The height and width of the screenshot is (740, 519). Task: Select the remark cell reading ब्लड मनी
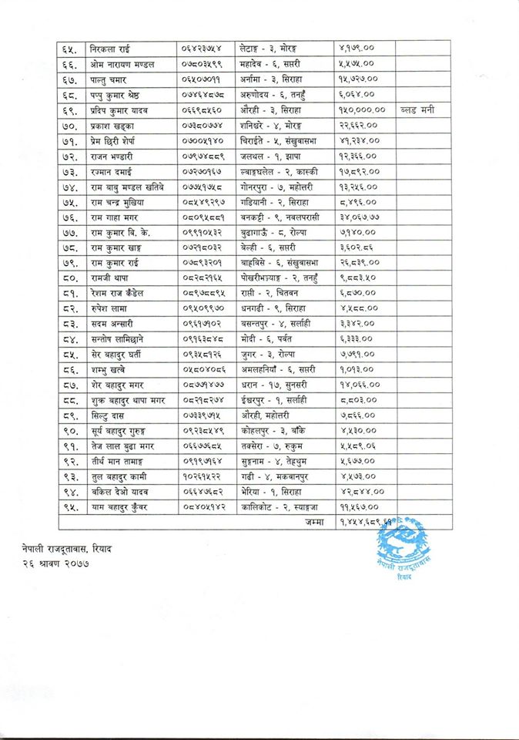[x=418, y=110]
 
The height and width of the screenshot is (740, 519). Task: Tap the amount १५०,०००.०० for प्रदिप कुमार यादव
[x=363, y=110]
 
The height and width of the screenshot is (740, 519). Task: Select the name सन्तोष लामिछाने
[x=116, y=339]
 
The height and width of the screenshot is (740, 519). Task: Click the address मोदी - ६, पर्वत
[x=263, y=339]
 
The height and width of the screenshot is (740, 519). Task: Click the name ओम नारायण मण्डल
[x=122, y=64]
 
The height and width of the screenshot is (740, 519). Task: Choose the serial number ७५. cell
[x=69, y=202]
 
